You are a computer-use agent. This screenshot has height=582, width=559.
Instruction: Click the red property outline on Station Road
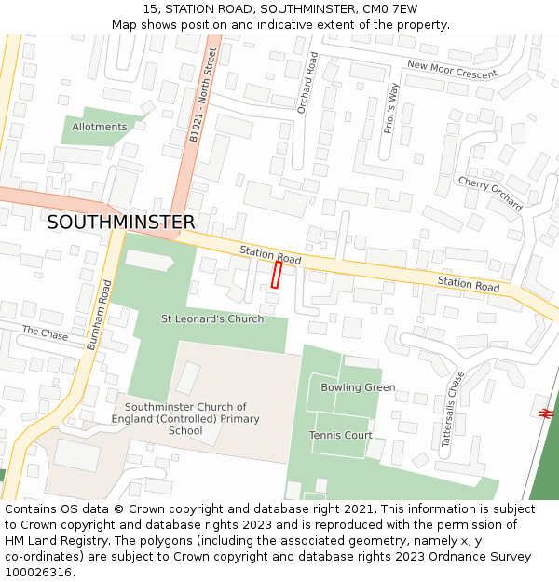pos(277,274)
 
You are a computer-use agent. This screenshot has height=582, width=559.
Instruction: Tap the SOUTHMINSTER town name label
pos(121,223)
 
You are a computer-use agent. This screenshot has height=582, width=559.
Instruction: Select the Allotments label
pos(99,127)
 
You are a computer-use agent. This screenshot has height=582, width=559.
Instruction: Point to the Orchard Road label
pos(307,82)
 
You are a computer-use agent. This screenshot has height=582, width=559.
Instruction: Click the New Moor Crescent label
pos(452,67)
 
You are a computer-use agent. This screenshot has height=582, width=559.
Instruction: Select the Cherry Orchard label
pos(489,194)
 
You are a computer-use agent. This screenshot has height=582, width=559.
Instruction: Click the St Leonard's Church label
pos(212,319)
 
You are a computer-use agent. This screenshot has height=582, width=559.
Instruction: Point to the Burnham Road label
pos(100,316)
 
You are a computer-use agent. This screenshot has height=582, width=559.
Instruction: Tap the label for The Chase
pos(45,332)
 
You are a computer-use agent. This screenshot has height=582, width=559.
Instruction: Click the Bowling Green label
pos(358,387)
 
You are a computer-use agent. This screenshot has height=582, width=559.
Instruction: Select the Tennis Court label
pos(340,435)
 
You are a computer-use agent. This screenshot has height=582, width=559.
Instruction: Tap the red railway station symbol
pos(546,412)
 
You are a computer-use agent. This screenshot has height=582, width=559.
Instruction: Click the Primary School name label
pos(185,419)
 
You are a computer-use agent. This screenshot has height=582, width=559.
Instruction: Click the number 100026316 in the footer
pos(38,573)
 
